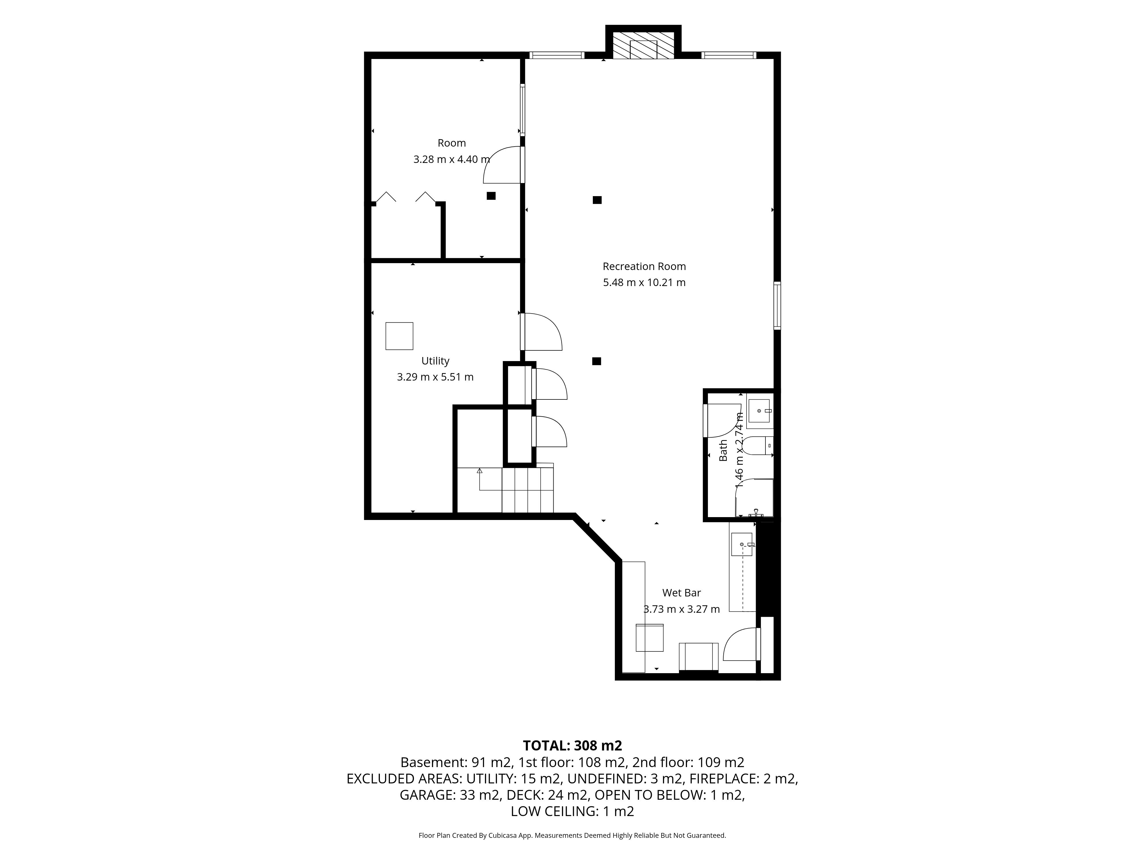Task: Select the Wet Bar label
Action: point(681,593)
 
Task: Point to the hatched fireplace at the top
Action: point(643,46)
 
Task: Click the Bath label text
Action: point(723,450)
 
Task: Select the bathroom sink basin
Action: point(759,411)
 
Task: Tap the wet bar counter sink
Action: point(742,544)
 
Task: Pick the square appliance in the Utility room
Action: point(399,336)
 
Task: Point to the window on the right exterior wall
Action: point(777,306)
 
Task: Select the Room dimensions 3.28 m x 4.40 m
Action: point(451,159)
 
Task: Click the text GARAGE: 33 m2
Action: point(450,795)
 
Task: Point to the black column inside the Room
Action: point(491,196)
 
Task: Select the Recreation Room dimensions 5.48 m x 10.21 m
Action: point(644,283)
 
